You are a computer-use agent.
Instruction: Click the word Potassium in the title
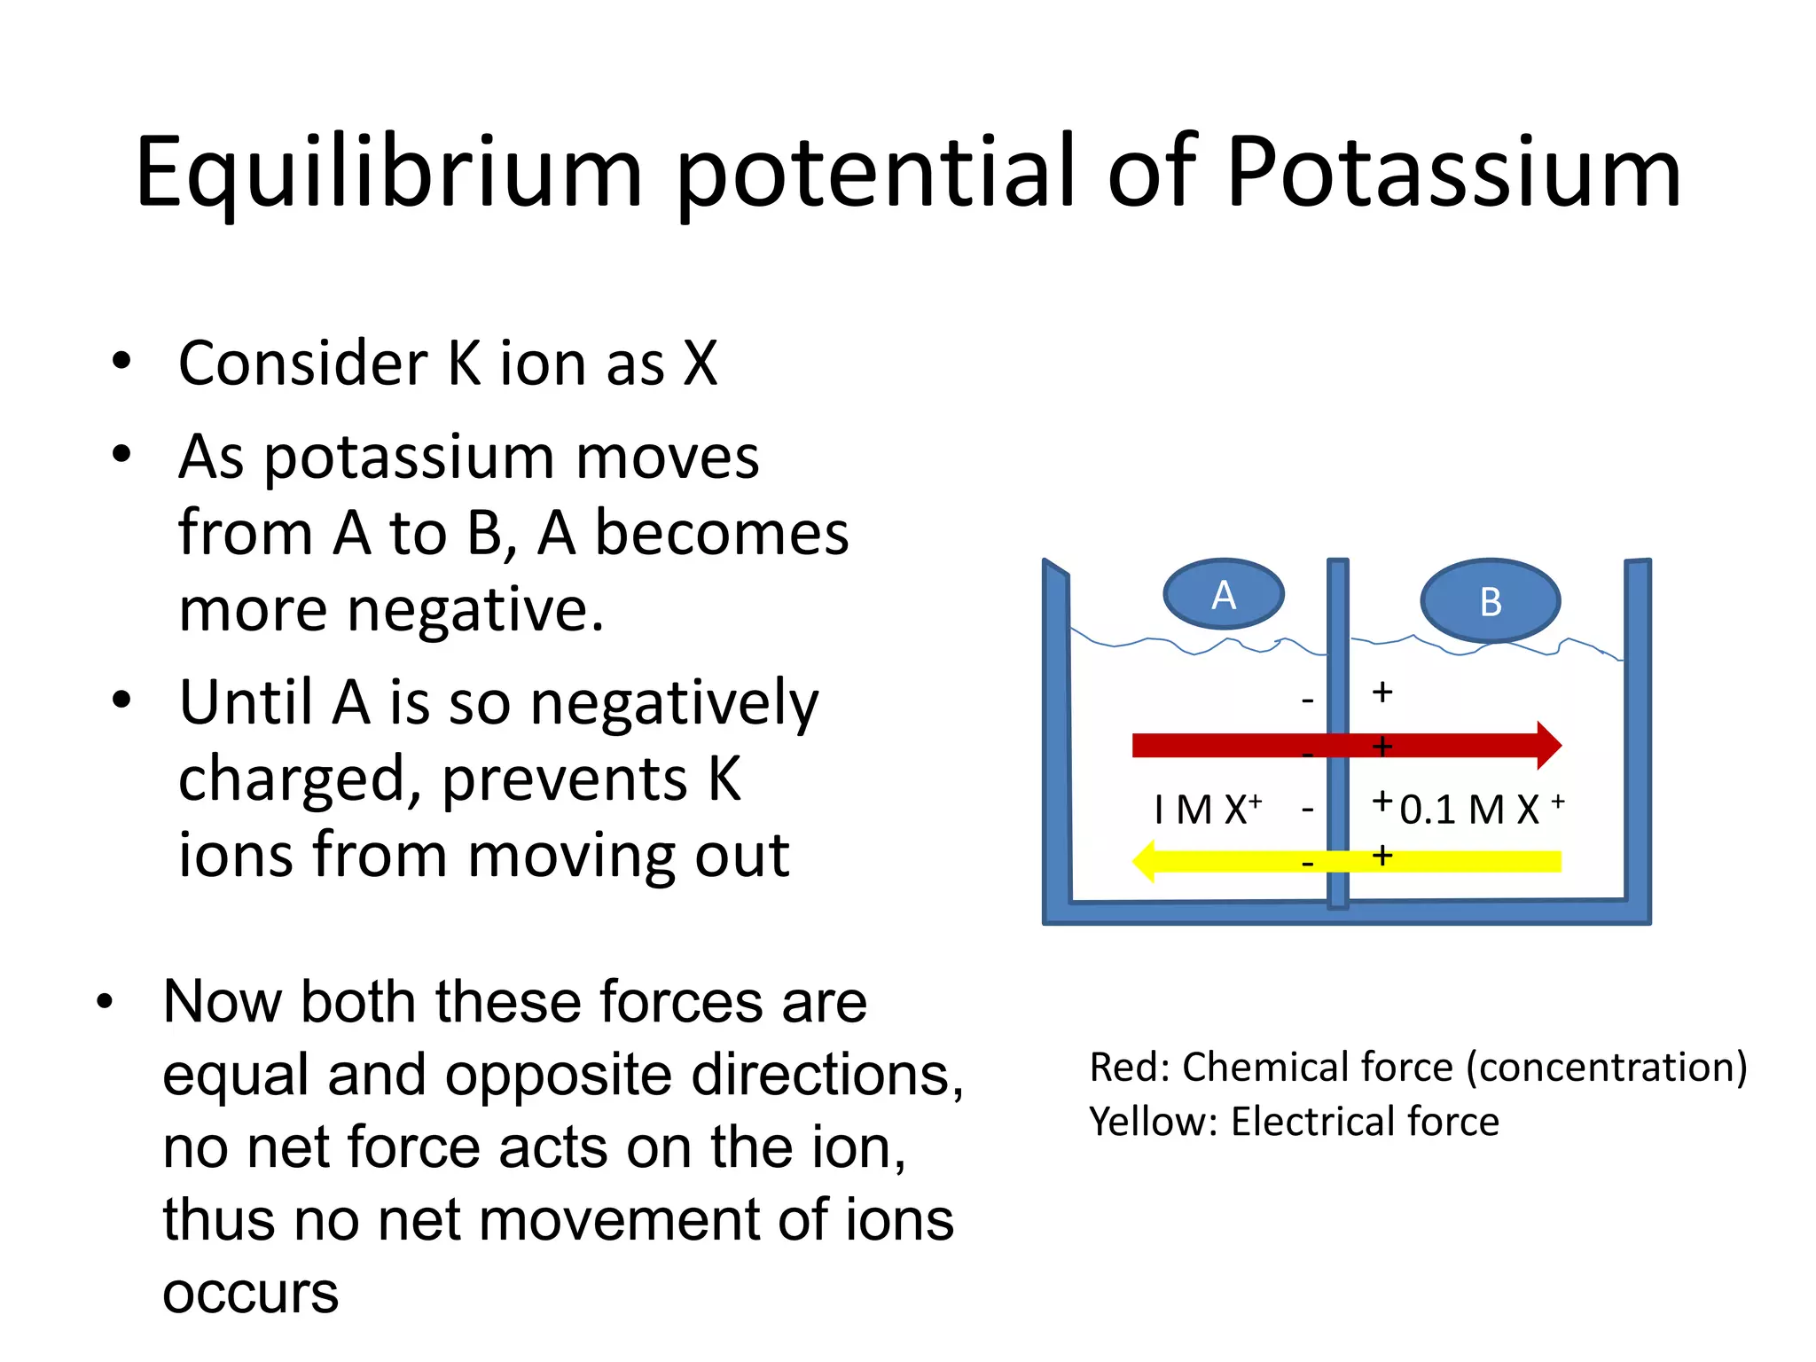coord(1454,173)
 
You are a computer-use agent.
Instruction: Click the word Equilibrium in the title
coord(388,173)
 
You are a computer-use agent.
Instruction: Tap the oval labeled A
coord(1224,594)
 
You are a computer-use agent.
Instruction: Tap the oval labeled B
coord(1491,601)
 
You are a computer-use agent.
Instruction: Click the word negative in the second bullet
coord(474,610)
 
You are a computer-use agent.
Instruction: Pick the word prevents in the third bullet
coord(564,779)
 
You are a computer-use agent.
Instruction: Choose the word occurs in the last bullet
coord(251,1293)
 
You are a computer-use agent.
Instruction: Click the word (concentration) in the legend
coord(1607,1067)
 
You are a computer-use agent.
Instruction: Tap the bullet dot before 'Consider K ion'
coord(121,362)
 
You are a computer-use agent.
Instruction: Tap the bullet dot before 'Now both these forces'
coord(106,1001)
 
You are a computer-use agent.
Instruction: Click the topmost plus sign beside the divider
coord(1382,692)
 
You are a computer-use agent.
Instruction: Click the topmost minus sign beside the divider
coord(1307,701)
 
